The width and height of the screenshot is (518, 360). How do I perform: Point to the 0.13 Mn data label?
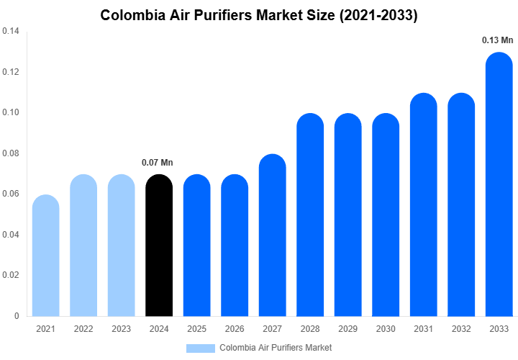pos(497,40)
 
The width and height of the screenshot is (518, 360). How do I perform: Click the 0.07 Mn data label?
pos(158,163)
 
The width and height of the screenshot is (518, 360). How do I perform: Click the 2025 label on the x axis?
pos(196,329)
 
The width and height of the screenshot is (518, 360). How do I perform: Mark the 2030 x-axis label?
pos(386,329)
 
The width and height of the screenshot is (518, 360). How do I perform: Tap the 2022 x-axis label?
pos(83,329)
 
